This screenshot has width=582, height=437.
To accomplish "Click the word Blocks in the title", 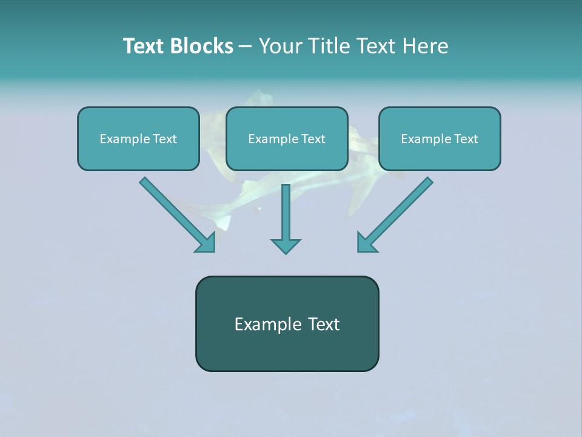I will (202, 46).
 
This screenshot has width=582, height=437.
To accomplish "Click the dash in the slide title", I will (246, 47).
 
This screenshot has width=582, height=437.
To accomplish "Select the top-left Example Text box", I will (138, 138).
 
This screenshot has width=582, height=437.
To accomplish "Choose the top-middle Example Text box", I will (287, 138).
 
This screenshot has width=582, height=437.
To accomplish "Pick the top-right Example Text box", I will (440, 138).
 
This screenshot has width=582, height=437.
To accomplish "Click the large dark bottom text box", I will (287, 324).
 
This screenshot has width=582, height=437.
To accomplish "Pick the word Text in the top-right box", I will (466, 139).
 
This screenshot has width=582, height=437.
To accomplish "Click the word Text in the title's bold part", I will (144, 46).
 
